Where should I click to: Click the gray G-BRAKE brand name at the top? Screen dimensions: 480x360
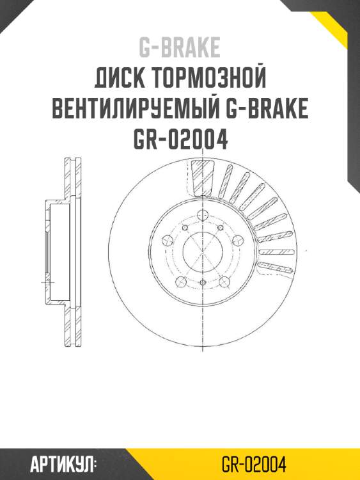180,47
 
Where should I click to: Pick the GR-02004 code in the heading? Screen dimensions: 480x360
180,139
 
